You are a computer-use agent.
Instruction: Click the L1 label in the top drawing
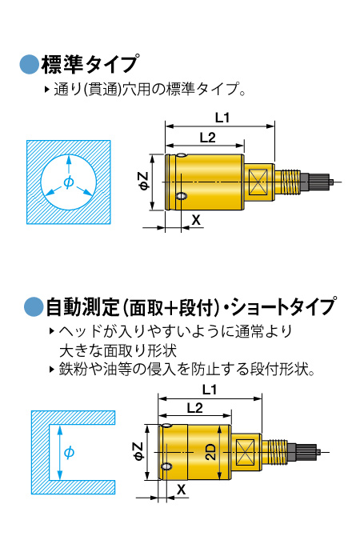click(222, 118)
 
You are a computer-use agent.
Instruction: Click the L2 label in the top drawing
click(207, 138)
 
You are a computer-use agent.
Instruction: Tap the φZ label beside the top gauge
click(143, 181)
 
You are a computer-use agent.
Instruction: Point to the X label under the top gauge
click(196, 220)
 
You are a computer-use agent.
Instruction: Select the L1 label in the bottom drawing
click(210, 390)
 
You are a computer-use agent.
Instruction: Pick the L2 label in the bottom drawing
click(194, 408)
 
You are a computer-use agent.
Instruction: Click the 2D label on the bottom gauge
click(210, 452)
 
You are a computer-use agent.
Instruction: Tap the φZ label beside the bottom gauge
click(138, 451)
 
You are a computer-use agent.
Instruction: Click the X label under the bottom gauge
click(182, 490)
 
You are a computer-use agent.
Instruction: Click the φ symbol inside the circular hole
click(69, 182)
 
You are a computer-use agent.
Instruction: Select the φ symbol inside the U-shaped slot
click(69, 453)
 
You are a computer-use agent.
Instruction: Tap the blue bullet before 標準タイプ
click(29, 65)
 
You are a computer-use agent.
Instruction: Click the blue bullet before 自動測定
click(34, 307)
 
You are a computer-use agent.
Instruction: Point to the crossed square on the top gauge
click(258, 182)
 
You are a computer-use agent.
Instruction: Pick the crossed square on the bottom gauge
click(245, 452)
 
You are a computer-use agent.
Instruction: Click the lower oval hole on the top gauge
click(182, 196)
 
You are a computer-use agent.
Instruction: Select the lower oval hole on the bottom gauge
click(166, 466)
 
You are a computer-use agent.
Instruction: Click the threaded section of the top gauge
click(288, 182)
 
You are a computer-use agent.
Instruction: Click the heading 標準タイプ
click(90, 65)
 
